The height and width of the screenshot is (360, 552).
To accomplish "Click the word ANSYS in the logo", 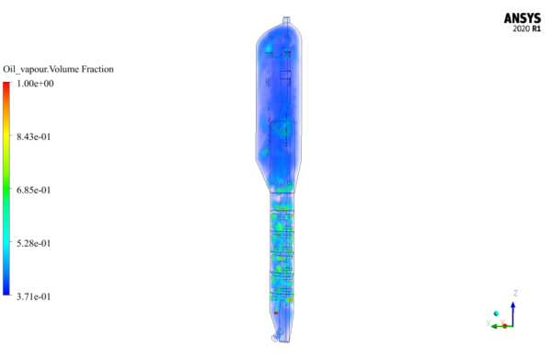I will [x=522, y=17].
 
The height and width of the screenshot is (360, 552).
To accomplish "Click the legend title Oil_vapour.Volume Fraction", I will [x=58, y=70].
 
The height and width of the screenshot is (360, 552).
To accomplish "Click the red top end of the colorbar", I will [x=6, y=86].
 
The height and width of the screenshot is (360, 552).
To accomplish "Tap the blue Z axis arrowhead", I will [x=512, y=303].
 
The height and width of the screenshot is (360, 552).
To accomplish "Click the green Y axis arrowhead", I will [x=490, y=325].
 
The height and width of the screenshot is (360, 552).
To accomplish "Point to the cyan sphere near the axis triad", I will [x=496, y=314].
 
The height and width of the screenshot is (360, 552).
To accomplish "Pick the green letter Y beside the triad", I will [x=487, y=322].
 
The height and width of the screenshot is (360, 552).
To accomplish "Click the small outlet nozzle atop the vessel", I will [x=286, y=20].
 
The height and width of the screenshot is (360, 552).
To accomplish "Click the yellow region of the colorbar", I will [x=6, y=152].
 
